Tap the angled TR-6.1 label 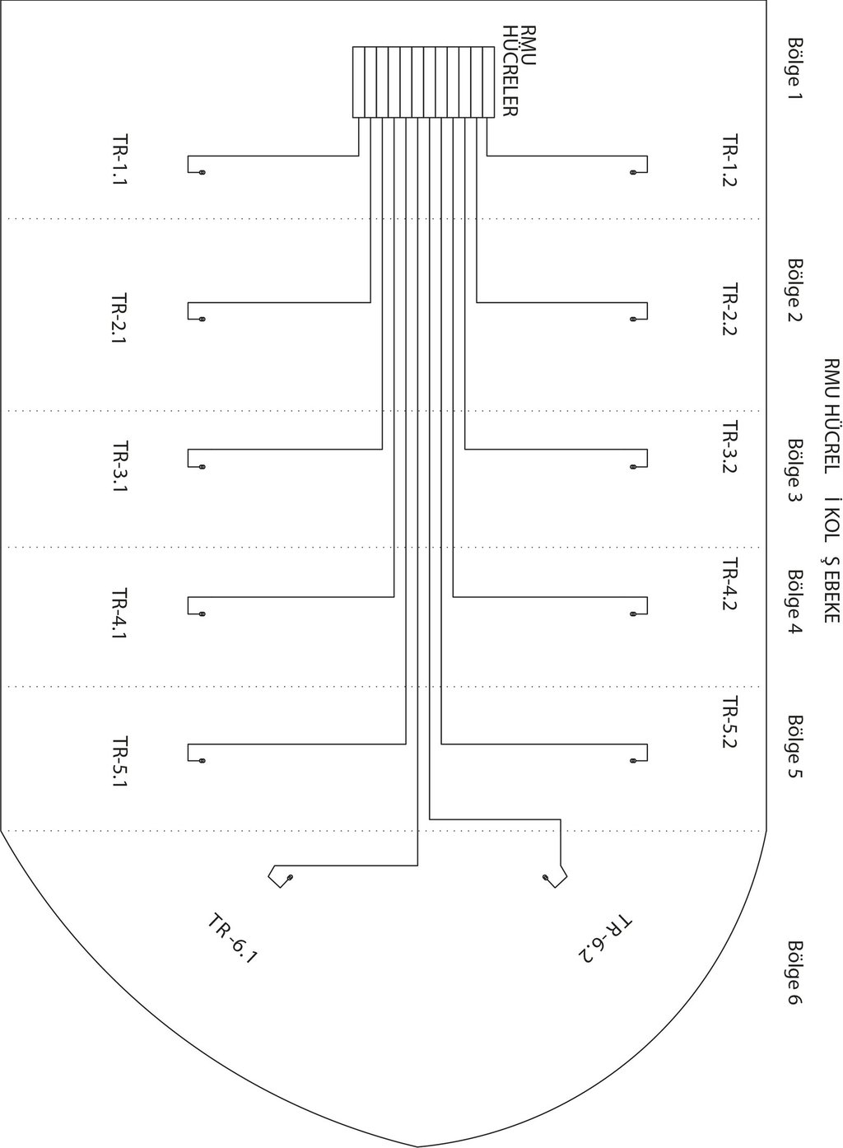(x=231, y=939)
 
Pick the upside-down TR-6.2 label (x=605, y=938)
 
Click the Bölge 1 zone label (x=795, y=77)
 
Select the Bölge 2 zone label (x=795, y=290)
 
